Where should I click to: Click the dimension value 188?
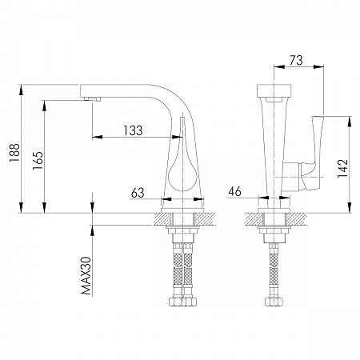click(14, 153)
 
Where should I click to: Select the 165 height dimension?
click(38, 160)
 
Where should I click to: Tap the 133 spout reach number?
click(133, 130)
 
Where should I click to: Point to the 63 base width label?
click(138, 193)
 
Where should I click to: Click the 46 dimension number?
click(234, 191)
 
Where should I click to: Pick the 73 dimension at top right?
click(296, 60)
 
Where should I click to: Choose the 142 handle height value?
click(343, 168)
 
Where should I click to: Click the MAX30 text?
click(86, 276)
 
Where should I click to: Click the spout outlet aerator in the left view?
click(92, 99)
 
